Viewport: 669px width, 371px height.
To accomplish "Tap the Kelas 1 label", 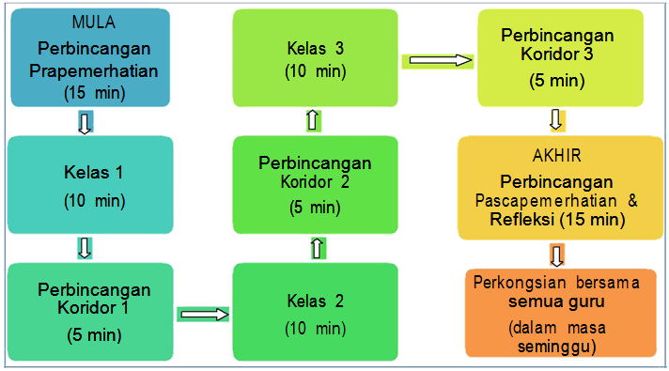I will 93,175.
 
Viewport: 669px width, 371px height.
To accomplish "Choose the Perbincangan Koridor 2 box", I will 315,184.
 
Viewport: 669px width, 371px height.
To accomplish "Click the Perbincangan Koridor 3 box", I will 557,56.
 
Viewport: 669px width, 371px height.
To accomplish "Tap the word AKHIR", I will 557,156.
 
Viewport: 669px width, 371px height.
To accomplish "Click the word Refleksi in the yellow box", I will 521,220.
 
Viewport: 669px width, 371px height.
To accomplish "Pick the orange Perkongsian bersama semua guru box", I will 559,312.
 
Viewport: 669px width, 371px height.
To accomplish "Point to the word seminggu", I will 558,346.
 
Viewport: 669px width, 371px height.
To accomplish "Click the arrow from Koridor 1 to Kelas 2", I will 203,314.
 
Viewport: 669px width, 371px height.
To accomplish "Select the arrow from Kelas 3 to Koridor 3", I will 436,60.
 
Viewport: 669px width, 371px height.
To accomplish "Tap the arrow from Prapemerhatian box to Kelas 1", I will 85,122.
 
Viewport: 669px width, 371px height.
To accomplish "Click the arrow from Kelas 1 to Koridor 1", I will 85,248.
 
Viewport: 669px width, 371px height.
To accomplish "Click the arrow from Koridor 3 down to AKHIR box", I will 555,120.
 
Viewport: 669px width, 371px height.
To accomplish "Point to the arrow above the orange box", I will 557,255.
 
